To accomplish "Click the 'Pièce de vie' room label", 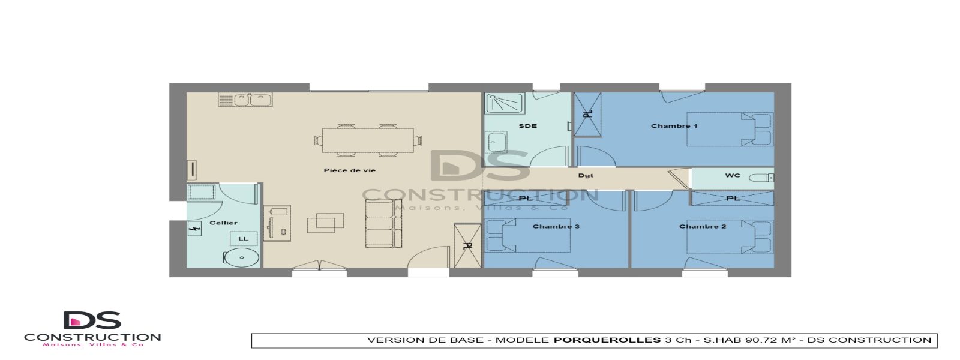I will click(349, 170).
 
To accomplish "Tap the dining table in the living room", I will click(367, 141).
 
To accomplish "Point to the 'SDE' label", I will click(527, 126).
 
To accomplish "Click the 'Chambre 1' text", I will click(674, 126).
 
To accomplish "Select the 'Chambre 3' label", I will click(556, 226).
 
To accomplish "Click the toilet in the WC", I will click(763, 178).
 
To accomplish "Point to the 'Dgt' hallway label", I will click(586, 176).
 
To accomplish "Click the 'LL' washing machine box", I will click(243, 239).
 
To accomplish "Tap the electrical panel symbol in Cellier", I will click(194, 229).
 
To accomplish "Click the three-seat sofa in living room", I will click(383, 223).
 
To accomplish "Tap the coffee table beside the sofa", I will click(325, 223).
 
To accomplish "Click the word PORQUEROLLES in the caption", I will click(607, 340).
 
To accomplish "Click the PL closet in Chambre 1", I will click(587, 114).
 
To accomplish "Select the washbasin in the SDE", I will click(496, 143).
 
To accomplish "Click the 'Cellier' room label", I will click(223, 223).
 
